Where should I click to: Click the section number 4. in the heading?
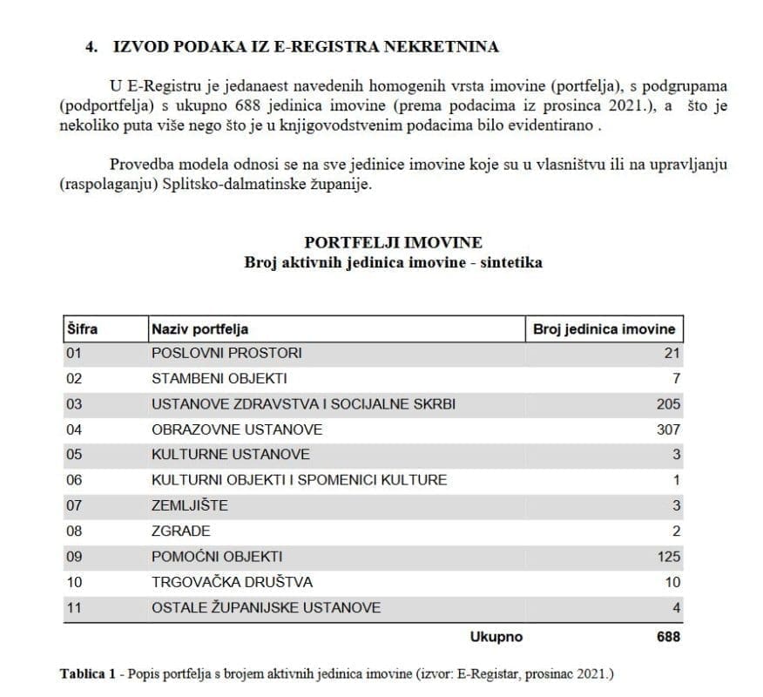[91, 47]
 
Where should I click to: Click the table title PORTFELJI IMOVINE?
[393, 242]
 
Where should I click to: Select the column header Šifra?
[82, 328]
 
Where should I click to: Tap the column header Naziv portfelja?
[199, 328]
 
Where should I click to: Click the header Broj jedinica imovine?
[603, 328]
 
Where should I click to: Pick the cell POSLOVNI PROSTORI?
[226, 353]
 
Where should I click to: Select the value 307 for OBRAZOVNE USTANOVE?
[668, 429]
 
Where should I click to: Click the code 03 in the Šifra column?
[74, 403]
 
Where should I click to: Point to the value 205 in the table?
[668, 403]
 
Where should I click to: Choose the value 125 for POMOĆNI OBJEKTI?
[668, 556]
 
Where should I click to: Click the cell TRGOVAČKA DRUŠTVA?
[232, 581]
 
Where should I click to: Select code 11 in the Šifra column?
[74, 606]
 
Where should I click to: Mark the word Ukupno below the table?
[496, 636]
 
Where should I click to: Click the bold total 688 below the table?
[667, 636]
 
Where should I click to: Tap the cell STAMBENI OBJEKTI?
[219, 378]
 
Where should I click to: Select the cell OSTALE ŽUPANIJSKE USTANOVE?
[266, 606]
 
